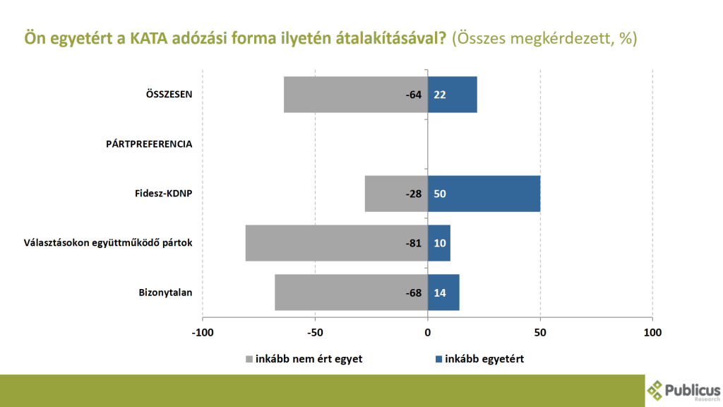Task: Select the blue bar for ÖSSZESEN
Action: (453, 95)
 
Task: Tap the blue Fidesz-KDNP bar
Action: (484, 194)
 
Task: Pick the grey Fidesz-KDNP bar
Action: (396, 194)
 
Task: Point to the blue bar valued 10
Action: (439, 243)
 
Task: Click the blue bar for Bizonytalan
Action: (443, 293)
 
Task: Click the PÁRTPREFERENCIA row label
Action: (149, 144)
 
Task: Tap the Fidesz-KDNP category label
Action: (164, 194)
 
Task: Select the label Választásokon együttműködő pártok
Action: (108, 243)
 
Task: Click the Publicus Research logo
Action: (683, 391)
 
